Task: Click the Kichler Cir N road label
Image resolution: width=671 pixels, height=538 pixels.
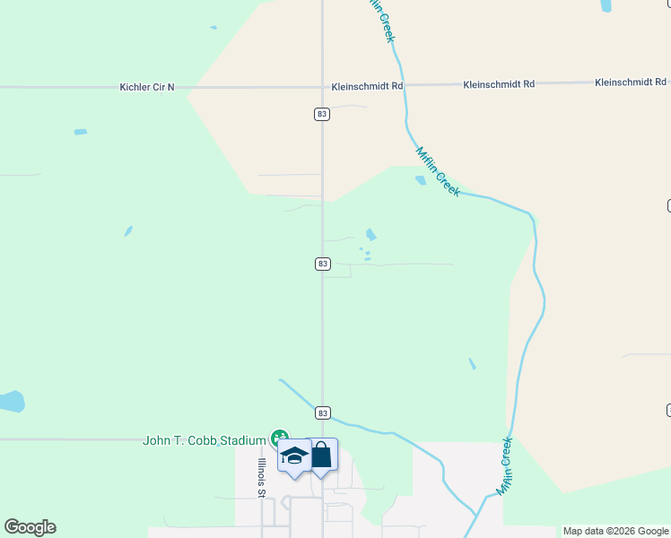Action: tap(147, 87)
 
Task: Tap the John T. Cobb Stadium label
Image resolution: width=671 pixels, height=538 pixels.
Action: tap(205, 440)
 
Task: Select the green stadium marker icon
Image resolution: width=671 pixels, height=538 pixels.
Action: tap(279, 439)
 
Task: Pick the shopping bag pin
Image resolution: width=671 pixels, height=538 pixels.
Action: tap(321, 454)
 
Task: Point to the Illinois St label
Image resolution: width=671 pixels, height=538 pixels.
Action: tap(262, 477)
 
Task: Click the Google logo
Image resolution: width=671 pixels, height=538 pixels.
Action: tap(30, 527)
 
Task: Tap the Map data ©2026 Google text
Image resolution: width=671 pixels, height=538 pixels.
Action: tap(615, 531)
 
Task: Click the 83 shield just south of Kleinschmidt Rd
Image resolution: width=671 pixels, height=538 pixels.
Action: tap(323, 114)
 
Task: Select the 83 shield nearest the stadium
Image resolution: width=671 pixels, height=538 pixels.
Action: tap(323, 412)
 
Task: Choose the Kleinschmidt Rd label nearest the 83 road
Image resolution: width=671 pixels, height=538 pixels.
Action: tap(367, 87)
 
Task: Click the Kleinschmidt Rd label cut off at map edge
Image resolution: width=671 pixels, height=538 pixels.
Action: tap(631, 82)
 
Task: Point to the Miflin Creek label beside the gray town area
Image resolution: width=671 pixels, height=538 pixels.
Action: tap(504, 465)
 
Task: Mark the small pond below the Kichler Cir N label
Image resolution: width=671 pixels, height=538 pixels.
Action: tap(81, 132)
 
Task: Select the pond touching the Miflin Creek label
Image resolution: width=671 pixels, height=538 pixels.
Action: tap(421, 180)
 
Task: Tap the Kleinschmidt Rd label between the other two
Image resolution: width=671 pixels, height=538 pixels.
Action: tap(499, 83)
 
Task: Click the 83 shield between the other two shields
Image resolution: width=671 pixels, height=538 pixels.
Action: tap(323, 264)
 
